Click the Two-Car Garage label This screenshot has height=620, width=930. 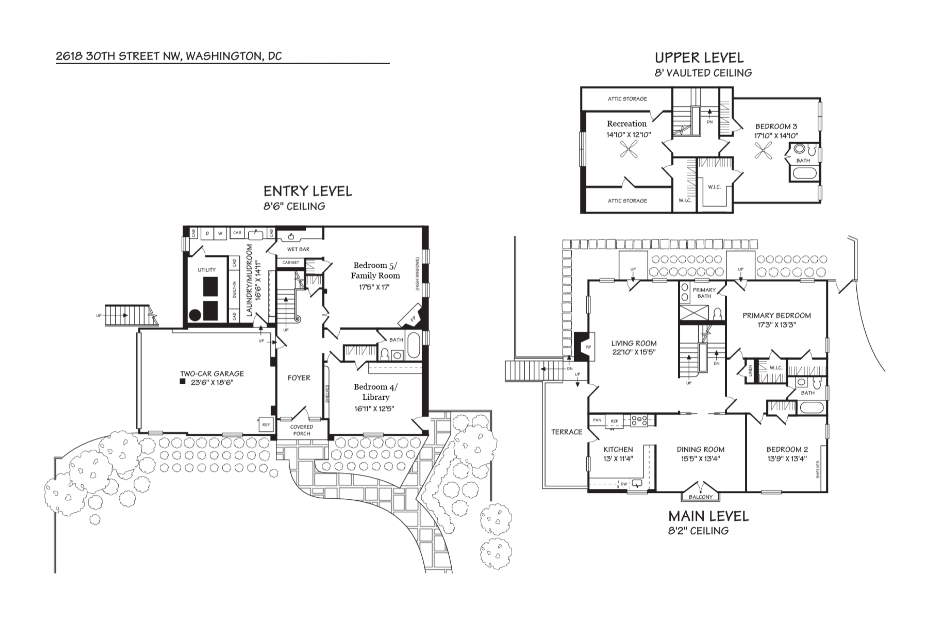click(212, 373)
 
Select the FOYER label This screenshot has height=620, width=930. click(299, 378)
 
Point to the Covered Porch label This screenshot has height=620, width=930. click(302, 430)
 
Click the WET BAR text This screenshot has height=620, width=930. click(298, 249)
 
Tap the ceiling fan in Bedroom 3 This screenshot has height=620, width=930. click(763, 151)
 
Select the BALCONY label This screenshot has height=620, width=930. click(701, 497)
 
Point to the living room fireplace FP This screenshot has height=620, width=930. click(588, 347)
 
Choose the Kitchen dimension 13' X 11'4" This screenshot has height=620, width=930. click(618, 459)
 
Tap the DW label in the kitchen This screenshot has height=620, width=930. click(624, 484)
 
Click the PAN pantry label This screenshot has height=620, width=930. click(597, 420)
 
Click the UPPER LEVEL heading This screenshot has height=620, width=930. click(699, 58)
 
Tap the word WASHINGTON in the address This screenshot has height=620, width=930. click(223, 56)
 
